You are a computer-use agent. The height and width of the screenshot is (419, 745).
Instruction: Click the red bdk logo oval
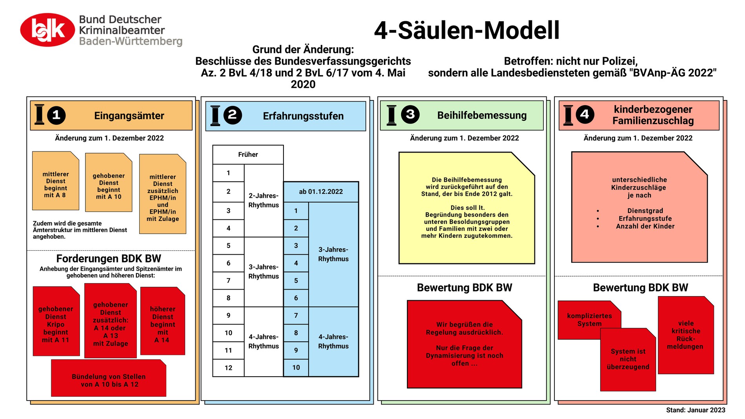tap(47, 30)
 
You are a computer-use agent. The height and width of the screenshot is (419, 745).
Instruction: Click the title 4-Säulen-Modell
tap(467, 31)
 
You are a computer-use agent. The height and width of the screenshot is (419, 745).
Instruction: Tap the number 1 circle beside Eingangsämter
tap(56, 115)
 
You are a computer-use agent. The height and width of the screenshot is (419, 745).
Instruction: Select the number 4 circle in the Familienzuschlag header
tap(585, 115)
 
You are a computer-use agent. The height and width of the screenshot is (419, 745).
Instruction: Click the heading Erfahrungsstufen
tap(303, 116)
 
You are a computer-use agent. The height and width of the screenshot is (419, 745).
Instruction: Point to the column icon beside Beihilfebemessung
tap(392, 115)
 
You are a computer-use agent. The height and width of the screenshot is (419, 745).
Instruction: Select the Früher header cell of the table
tap(248, 155)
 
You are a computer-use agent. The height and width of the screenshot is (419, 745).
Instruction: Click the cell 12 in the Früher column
tap(228, 368)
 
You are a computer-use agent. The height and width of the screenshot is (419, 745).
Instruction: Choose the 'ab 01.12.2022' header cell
tap(321, 191)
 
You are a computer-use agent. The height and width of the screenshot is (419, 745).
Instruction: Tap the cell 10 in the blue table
tap(296, 368)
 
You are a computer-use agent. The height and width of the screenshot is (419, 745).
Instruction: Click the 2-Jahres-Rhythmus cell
tap(263, 200)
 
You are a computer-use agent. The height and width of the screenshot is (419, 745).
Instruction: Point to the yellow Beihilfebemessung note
tap(467, 208)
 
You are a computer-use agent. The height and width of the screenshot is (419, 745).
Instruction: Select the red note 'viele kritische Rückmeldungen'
tap(686, 335)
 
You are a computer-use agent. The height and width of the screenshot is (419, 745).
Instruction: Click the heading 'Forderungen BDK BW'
tap(109, 259)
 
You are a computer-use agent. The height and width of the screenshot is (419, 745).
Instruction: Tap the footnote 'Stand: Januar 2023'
tap(696, 410)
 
